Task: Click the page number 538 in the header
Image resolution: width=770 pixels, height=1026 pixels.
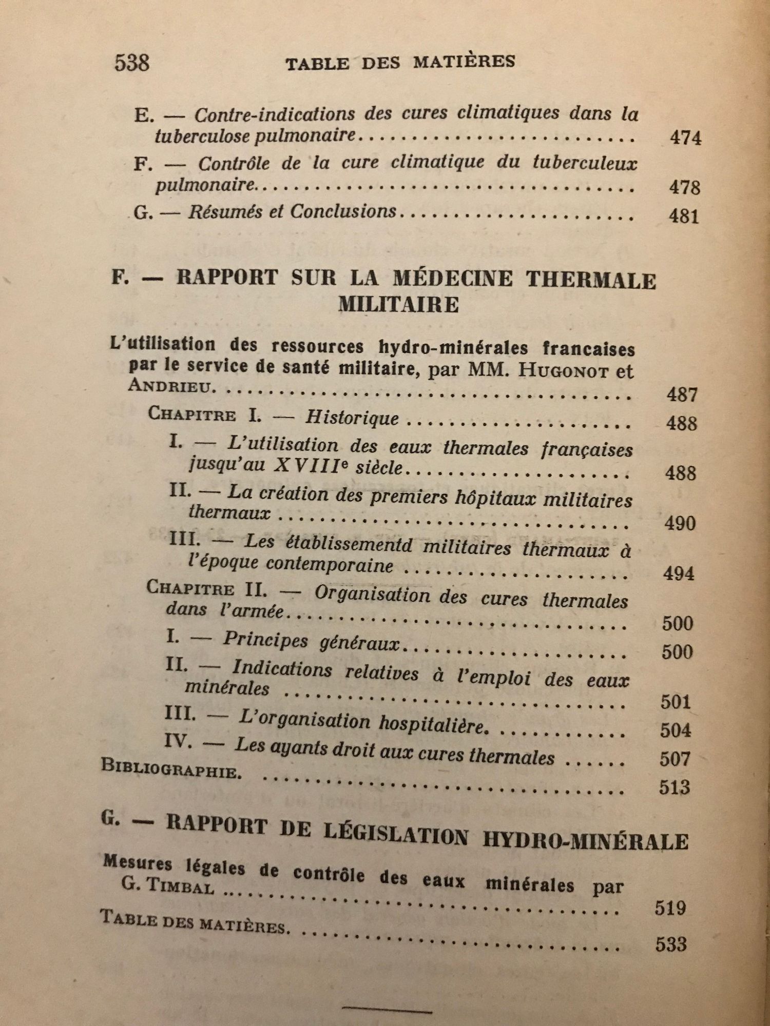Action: [132, 63]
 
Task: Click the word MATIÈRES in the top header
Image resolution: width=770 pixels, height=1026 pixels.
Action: [464, 62]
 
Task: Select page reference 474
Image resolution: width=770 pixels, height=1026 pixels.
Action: [685, 138]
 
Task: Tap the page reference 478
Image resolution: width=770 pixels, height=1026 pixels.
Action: [684, 187]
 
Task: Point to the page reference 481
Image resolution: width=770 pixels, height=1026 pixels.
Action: [684, 216]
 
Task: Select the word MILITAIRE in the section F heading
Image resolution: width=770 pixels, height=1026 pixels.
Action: [398, 305]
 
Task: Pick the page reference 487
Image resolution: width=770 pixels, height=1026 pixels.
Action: [682, 394]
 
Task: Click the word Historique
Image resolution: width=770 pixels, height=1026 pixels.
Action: [352, 418]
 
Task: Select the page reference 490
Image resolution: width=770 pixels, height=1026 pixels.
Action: [680, 523]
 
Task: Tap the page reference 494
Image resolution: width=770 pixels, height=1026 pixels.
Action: [679, 573]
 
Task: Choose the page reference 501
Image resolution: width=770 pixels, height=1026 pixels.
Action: [676, 701]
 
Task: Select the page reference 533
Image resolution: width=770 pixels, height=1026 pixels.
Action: [671, 944]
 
